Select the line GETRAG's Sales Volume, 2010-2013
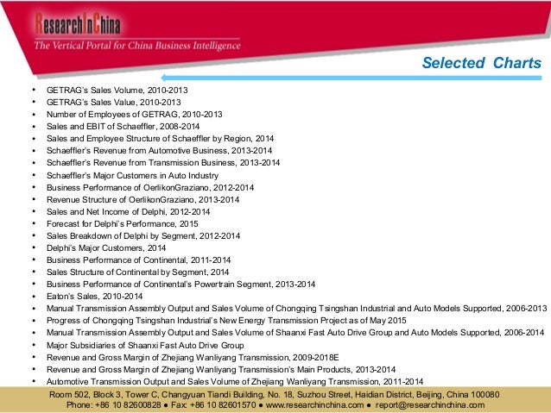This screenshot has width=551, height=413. (x=117, y=89)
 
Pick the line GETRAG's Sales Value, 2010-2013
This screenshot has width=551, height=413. (x=115, y=101)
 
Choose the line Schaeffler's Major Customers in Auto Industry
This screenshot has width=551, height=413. (x=138, y=174)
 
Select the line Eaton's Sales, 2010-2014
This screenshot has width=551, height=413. (x=94, y=296)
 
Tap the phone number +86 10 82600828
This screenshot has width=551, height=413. (x=135, y=404)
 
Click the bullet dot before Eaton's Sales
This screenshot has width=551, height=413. (x=32, y=296)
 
